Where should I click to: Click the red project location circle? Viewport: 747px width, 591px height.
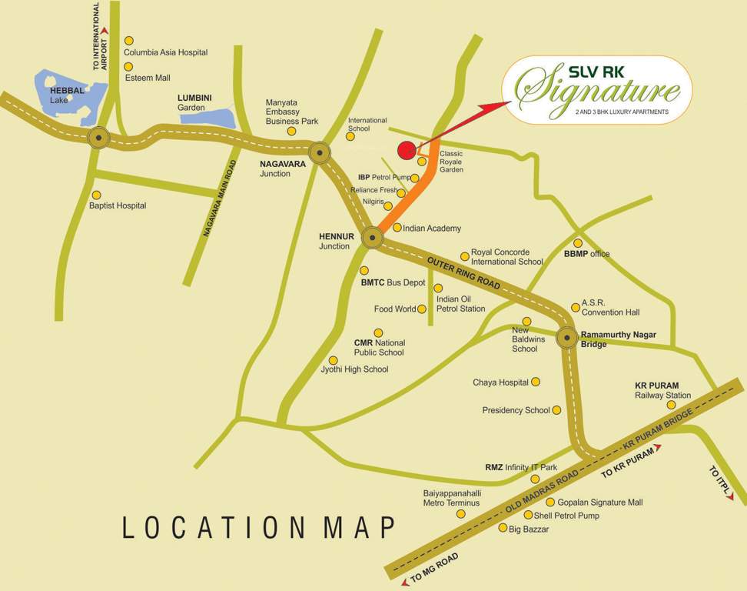407,151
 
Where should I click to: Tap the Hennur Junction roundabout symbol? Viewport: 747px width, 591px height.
372,238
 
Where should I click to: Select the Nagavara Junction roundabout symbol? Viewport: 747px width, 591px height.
319,152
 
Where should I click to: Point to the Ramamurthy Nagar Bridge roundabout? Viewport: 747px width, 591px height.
567,337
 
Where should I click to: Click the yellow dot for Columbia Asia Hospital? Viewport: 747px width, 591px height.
129,41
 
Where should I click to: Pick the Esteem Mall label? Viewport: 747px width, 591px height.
147,78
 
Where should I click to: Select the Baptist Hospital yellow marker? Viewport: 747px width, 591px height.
95,195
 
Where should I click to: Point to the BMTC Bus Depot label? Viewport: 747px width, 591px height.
393,282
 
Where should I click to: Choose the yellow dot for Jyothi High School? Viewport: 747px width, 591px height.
333,360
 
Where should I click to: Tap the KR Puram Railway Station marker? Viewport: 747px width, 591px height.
671,405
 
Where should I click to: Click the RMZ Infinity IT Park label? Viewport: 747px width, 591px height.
520,467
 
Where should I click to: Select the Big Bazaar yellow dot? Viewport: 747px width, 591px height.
503,528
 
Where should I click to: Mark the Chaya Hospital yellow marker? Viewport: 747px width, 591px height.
536,382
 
